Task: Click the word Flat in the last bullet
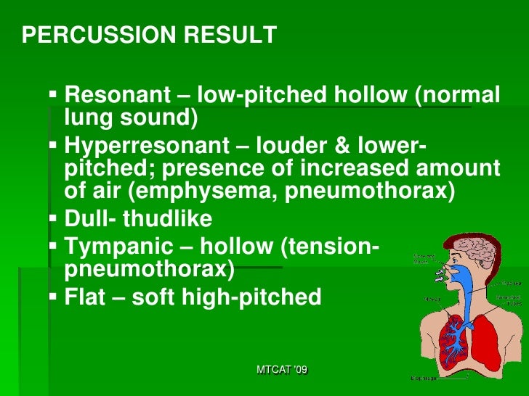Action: (84, 297)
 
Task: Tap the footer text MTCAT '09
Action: (282, 370)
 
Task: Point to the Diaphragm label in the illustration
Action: (424, 378)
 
